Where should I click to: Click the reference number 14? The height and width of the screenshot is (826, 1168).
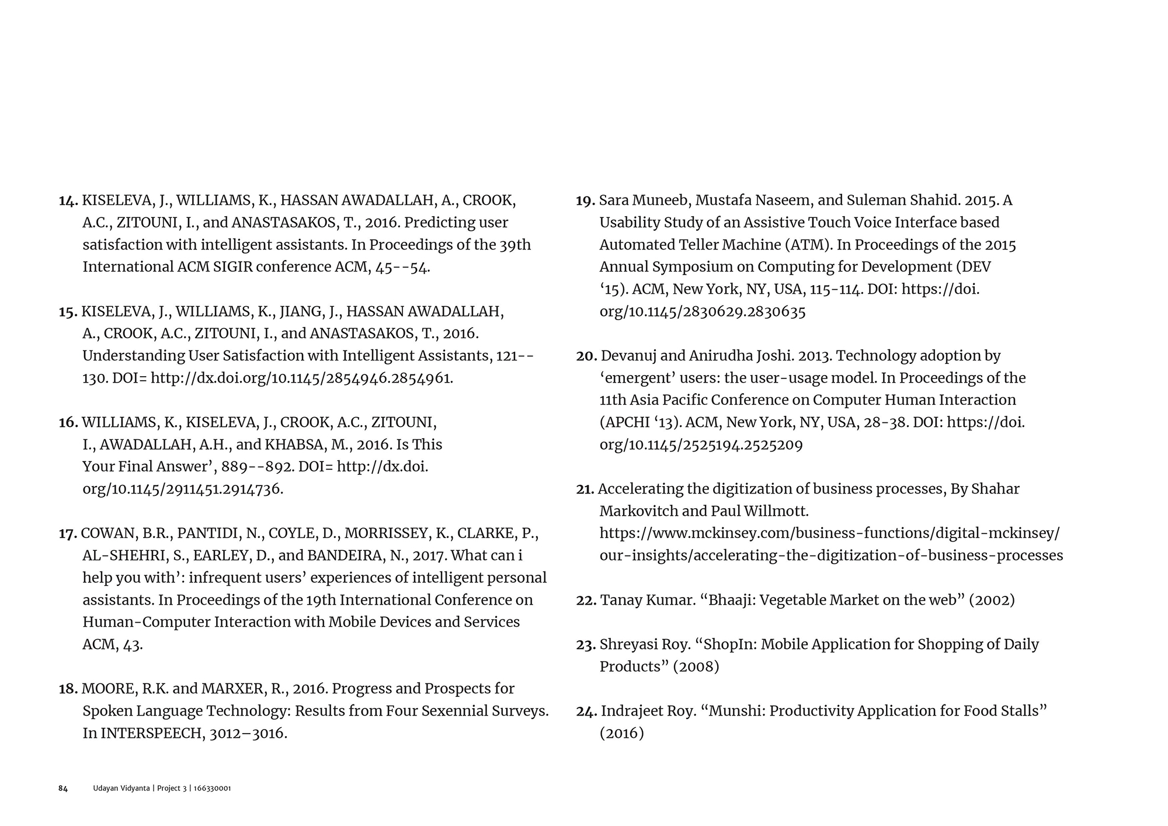[68, 201]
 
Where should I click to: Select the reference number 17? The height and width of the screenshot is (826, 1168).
[68, 534]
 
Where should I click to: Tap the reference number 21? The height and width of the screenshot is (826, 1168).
[585, 490]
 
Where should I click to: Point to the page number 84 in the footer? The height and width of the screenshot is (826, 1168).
[63, 789]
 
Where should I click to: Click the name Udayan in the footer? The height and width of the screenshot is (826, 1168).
[105, 789]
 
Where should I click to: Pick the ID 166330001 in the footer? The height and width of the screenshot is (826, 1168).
[213, 789]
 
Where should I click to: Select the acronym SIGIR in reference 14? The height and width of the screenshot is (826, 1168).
[232, 267]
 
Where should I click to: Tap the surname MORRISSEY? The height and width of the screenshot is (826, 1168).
[386, 533]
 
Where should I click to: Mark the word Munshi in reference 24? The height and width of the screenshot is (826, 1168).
[734, 711]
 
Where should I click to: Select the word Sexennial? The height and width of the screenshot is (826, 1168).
[421, 711]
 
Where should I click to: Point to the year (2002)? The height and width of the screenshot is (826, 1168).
[991, 600]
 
